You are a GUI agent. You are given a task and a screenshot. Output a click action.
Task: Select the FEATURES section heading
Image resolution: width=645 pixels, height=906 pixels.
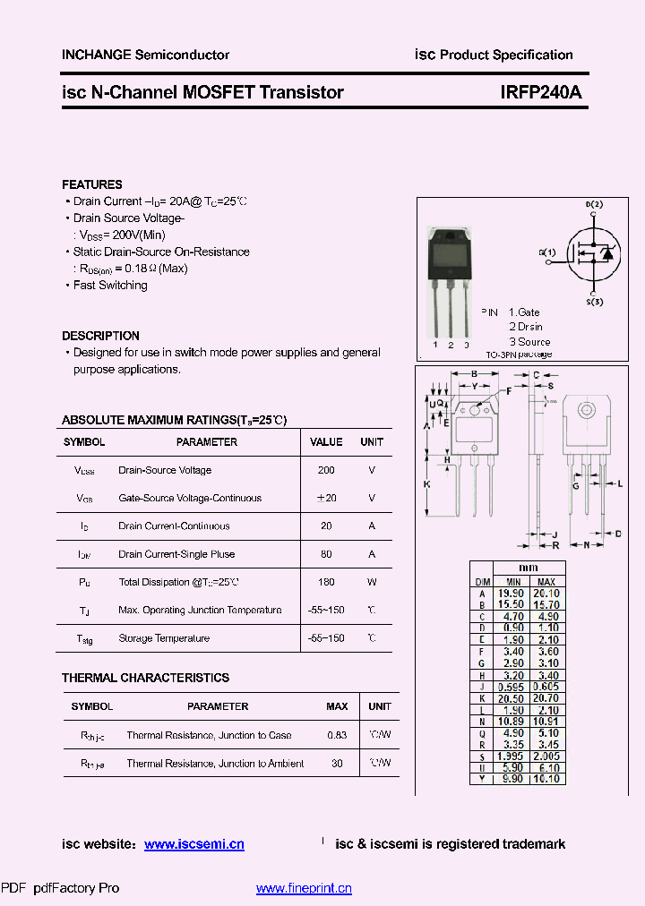[92, 184]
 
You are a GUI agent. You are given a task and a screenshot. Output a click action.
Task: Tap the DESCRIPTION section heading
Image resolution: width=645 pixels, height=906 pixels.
[100, 336]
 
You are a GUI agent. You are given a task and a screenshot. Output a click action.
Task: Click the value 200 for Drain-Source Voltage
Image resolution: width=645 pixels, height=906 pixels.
[326, 470]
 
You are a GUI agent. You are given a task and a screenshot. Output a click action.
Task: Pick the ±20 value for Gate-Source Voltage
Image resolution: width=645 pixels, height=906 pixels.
[326, 498]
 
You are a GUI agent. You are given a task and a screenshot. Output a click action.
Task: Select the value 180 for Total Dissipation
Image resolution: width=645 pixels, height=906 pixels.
[326, 582]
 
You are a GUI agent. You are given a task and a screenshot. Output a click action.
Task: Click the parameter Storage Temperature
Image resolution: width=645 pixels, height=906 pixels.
[164, 638]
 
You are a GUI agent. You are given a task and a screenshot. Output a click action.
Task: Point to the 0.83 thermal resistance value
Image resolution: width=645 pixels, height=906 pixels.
[337, 735]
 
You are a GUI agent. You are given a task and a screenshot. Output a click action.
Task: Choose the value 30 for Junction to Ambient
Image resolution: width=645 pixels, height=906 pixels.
[337, 764]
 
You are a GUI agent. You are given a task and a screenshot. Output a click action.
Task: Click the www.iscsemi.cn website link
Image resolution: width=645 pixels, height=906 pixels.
[193, 844]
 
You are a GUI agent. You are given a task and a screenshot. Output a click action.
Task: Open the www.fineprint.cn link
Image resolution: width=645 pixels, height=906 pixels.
[304, 888]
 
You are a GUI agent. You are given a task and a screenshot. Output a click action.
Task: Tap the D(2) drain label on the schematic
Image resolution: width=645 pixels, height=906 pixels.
[594, 205]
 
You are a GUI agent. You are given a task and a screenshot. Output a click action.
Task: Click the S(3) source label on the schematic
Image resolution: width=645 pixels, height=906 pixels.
[594, 303]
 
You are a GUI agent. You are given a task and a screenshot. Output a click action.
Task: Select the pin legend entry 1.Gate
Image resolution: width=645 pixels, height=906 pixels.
[524, 312]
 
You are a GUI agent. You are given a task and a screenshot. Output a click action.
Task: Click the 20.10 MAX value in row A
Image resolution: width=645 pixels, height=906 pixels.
[546, 593]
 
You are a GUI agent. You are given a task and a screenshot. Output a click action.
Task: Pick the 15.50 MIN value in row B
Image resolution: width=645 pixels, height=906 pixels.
[511, 604]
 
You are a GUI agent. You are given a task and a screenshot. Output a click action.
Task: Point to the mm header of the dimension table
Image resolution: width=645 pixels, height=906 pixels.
[529, 568]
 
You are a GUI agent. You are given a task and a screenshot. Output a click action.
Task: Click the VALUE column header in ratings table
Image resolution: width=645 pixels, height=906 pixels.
[326, 442]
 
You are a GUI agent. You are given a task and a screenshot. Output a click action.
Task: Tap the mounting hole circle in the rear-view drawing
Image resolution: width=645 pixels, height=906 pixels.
[587, 410]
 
